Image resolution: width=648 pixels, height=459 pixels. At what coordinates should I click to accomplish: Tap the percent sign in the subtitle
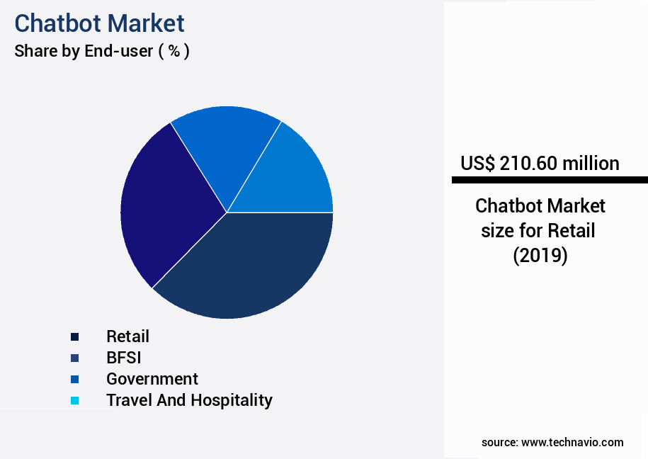pyautogui.click(x=174, y=51)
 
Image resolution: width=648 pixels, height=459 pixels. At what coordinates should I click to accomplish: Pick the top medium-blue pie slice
pyautogui.click(x=223, y=149)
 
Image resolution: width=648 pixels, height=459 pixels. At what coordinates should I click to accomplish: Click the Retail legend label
pyautogui.click(x=127, y=336)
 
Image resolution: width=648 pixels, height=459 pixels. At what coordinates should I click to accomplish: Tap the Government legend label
pyautogui.click(x=152, y=379)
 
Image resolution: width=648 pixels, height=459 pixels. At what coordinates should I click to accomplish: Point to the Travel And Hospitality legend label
pyautogui.click(x=189, y=400)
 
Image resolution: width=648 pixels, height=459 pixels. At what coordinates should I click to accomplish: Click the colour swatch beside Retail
pyautogui.click(x=74, y=336)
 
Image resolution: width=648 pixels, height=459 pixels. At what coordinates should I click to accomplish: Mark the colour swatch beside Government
pyautogui.click(x=74, y=379)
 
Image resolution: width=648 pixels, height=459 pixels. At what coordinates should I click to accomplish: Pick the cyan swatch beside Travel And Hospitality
pyautogui.click(x=74, y=400)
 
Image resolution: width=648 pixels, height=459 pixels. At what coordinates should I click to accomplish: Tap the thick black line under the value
pyautogui.click(x=550, y=180)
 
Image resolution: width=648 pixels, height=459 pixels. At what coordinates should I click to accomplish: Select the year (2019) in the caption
pyautogui.click(x=540, y=256)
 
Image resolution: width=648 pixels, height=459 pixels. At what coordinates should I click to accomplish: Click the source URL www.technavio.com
pyautogui.click(x=572, y=443)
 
